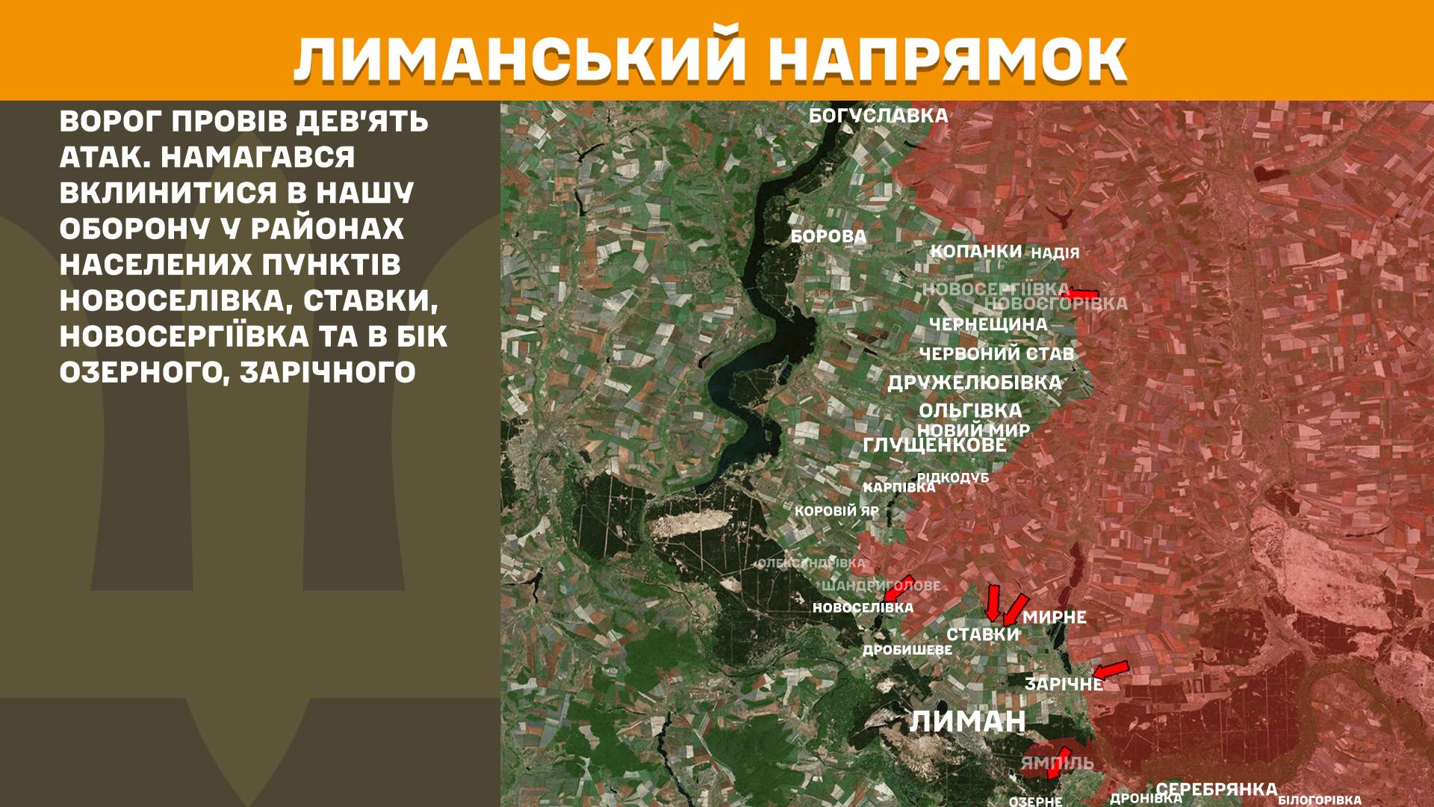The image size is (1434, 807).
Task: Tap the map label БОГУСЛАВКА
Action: click(x=878, y=116)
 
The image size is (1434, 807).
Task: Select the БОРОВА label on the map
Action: click(x=828, y=237)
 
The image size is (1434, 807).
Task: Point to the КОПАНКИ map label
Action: click(x=975, y=251)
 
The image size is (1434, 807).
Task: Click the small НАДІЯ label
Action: click(x=1055, y=253)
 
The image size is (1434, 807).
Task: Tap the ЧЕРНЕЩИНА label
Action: click(x=988, y=324)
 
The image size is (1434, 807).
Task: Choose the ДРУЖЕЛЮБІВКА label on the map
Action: click(x=974, y=383)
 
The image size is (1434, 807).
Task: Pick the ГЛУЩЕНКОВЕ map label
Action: click(x=934, y=445)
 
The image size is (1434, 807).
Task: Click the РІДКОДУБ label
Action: click(x=953, y=477)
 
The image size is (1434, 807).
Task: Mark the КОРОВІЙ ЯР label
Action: click(x=836, y=512)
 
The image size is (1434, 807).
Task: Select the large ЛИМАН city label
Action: click(x=968, y=721)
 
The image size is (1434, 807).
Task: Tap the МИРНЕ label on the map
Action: click(x=1054, y=617)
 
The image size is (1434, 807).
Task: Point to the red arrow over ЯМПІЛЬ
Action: click(x=1058, y=761)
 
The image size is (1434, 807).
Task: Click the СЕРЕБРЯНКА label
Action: click(x=1217, y=789)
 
